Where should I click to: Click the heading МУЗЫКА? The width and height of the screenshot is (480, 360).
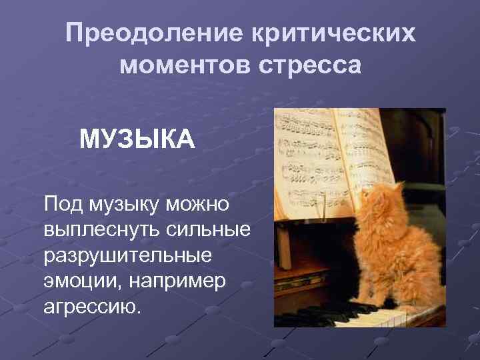(x=137, y=141)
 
